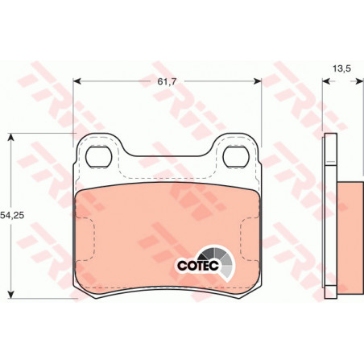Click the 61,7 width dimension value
tap(167, 81)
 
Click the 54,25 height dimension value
tap(12, 215)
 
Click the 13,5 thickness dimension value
tap(341, 68)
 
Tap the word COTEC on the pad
tap(198, 266)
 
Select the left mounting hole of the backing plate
tap(98, 157)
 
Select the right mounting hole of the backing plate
tap(236, 157)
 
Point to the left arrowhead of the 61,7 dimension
tap(77, 81)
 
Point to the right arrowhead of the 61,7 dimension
tap(258, 81)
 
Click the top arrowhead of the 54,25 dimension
tap(10, 137)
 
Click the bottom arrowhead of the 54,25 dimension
tap(10, 295)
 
